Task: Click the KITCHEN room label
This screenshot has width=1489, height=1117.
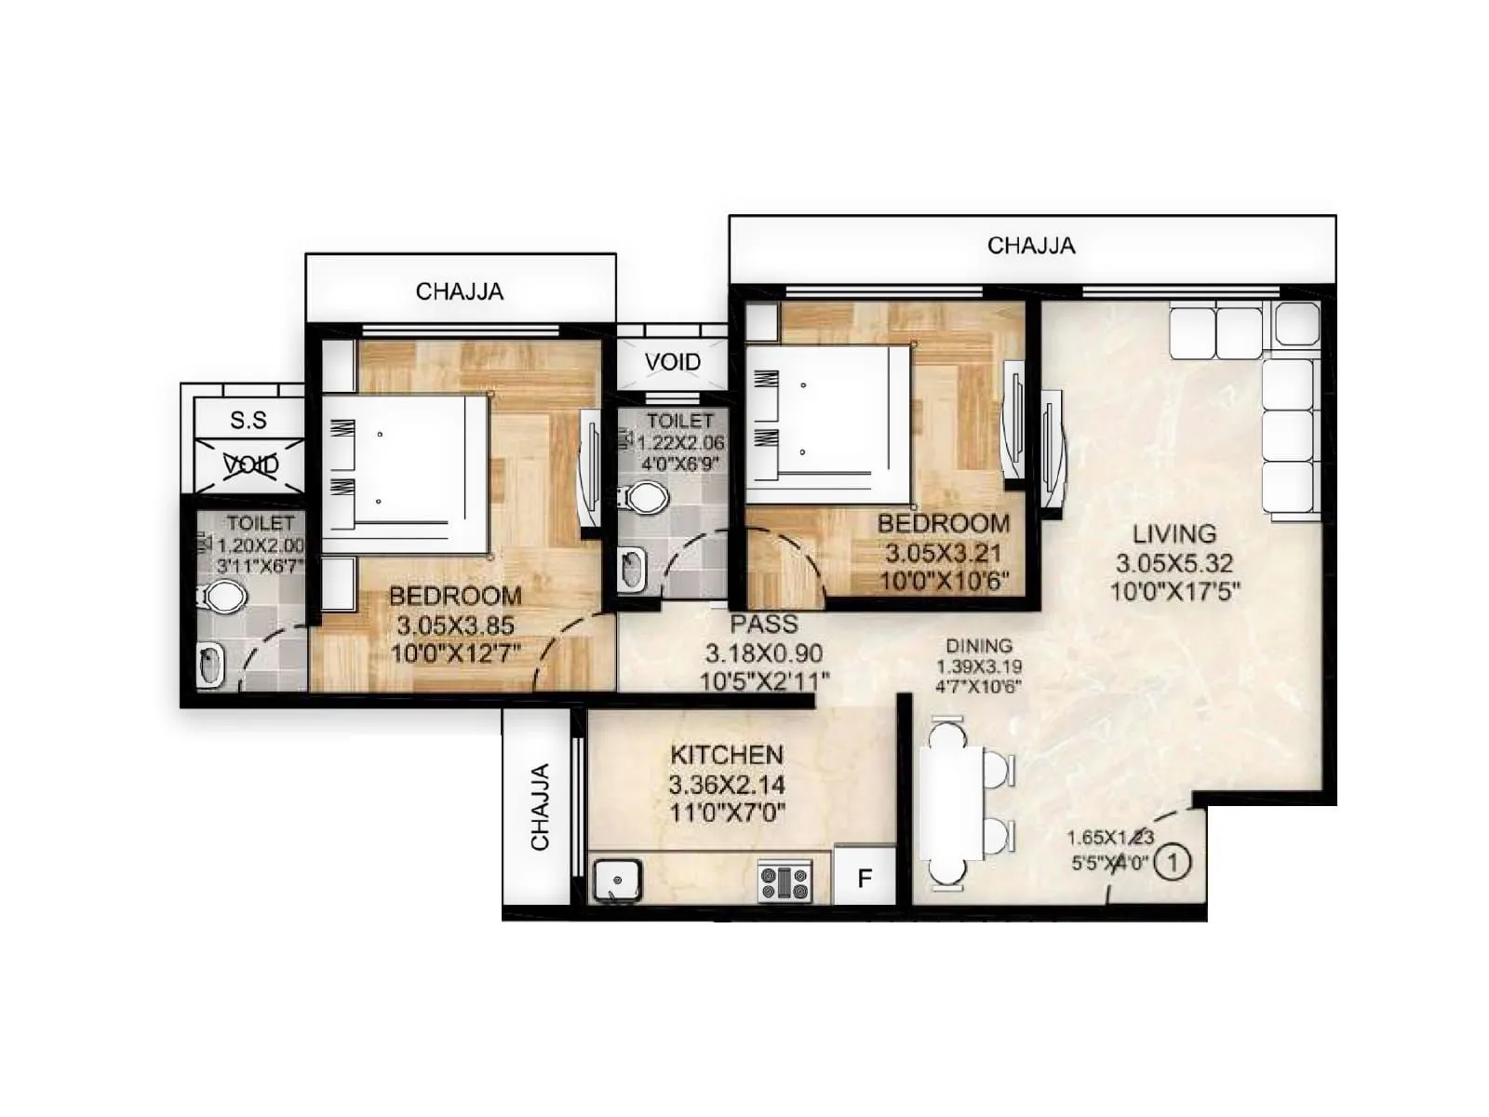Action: (x=727, y=755)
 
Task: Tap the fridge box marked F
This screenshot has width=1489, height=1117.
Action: (x=865, y=878)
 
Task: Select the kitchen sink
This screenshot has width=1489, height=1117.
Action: (x=617, y=880)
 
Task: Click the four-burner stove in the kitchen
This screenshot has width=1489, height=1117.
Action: (x=785, y=881)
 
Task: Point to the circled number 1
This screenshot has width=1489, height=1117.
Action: (x=1172, y=862)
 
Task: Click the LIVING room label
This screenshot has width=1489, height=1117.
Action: (x=1174, y=534)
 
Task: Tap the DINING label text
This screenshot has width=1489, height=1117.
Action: (x=979, y=646)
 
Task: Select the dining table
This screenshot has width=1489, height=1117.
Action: (x=951, y=803)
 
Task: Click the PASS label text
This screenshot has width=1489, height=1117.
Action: (x=764, y=625)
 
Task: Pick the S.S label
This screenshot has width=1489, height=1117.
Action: (x=248, y=421)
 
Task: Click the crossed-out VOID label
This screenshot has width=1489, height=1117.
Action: (x=251, y=464)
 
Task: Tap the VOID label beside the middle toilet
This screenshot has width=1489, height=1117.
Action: (x=672, y=362)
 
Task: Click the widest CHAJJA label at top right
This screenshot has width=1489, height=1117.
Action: (x=1031, y=246)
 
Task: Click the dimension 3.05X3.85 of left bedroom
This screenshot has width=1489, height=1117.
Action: (x=455, y=626)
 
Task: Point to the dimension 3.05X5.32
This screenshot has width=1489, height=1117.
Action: (x=1174, y=563)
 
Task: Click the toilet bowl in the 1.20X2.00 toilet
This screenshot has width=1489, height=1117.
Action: (x=223, y=597)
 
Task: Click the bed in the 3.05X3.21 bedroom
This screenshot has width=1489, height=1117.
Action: (x=828, y=424)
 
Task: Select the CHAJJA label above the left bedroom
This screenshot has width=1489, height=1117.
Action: (x=460, y=291)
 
